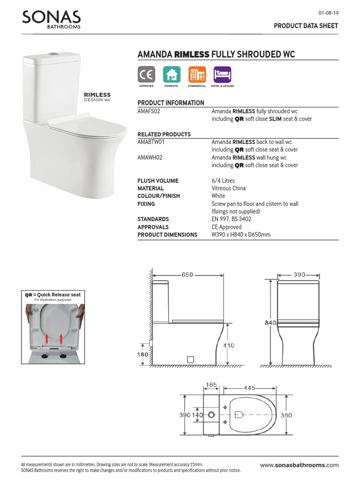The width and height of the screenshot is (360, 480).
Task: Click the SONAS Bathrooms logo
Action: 52,20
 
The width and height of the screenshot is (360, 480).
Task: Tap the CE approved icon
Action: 146,75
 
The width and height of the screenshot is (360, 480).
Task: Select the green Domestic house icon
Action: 172,75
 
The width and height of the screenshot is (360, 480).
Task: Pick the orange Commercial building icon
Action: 197,75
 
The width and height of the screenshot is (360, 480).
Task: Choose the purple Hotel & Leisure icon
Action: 222,75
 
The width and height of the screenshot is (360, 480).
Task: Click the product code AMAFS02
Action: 150,112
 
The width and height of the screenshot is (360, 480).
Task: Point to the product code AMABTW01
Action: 150,142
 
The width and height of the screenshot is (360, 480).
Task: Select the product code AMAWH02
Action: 150,157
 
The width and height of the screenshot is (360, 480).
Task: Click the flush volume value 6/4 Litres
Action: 223,180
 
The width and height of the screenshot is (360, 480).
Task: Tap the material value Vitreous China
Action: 229,188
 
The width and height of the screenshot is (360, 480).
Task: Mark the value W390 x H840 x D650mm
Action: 241,234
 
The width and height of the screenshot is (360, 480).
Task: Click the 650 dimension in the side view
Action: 187,275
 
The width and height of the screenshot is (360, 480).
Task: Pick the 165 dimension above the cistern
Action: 212,385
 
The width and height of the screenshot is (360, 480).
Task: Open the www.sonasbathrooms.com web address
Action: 299,465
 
